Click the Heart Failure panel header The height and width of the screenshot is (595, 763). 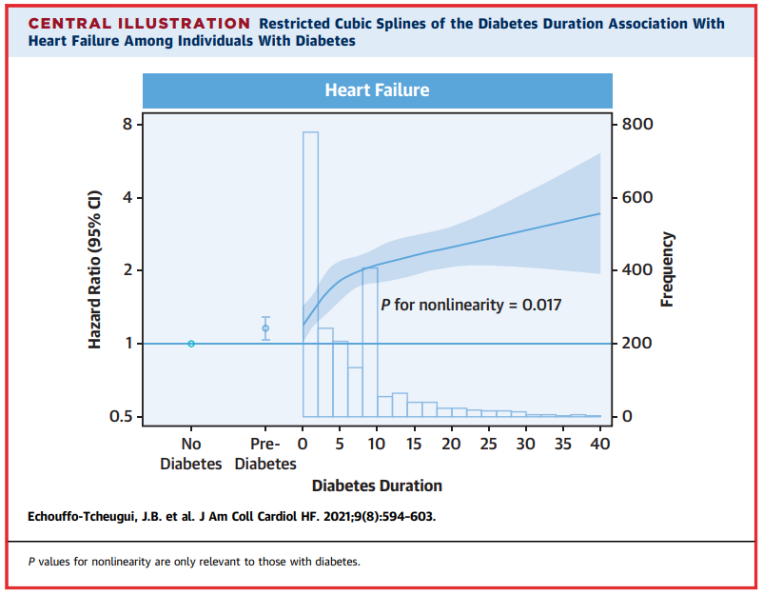[x=377, y=90]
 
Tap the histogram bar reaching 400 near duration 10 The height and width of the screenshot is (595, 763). [x=370, y=342]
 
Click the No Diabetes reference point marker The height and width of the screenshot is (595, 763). [x=191, y=344]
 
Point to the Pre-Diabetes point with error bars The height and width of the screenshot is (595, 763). [x=265, y=328]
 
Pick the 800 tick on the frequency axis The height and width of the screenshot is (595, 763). [x=638, y=125]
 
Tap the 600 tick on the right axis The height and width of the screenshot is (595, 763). [x=638, y=198]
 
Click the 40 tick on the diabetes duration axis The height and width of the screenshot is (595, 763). [x=600, y=444]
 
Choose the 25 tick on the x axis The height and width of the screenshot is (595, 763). [x=489, y=444]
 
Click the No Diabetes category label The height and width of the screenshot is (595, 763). [x=190, y=454]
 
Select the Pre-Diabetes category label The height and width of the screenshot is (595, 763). [x=265, y=454]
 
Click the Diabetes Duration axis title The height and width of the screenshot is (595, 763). [x=377, y=486]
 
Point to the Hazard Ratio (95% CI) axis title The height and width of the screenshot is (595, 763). [x=95, y=271]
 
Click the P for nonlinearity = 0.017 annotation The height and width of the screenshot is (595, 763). [x=471, y=306]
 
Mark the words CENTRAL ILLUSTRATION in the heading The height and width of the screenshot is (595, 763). [x=140, y=23]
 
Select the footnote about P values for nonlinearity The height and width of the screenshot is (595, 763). [x=194, y=563]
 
